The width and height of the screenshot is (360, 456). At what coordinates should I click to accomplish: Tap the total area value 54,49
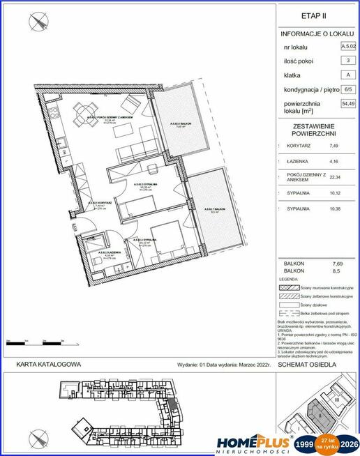pyautogui.click(x=346, y=104)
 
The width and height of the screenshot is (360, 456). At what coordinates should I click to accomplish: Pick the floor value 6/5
pyautogui.click(x=346, y=90)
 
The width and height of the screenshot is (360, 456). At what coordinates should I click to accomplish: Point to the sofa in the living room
pyautogui.click(x=130, y=151)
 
